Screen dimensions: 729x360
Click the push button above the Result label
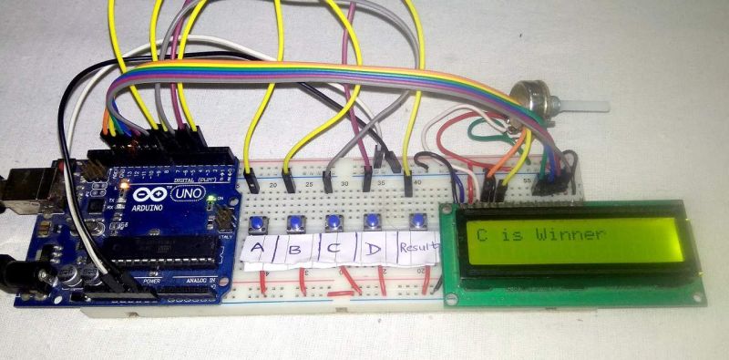417,221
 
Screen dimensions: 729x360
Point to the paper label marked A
256,251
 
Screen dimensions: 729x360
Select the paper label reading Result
418,247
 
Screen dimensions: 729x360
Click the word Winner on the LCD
570,234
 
